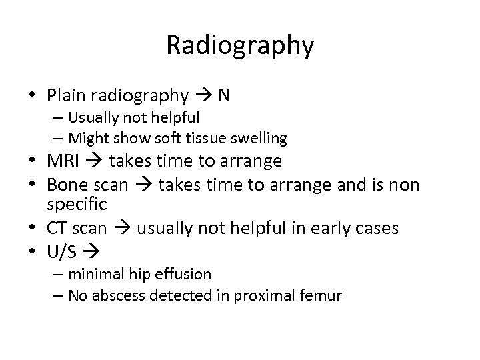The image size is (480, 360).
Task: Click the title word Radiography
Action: (x=239, y=45)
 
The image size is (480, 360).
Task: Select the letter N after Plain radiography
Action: (x=225, y=95)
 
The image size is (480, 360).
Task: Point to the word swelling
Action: (x=261, y=139)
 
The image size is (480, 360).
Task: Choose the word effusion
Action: (x=187, y=274)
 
